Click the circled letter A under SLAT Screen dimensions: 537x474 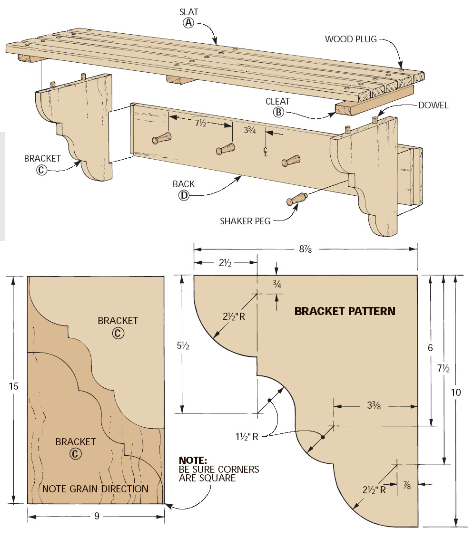click(x=189, y=23)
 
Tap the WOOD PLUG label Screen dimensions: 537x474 click(x=351, y=39)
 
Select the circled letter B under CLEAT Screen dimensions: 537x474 click(x=278, y=112)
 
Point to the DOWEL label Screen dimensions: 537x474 click(x=433, y=105)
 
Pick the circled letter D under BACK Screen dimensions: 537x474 click(x=184, y=195)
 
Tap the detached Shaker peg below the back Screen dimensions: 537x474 click(x=297, y=199)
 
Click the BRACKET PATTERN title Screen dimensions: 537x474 click(x=345, y=311)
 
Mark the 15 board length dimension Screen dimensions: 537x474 click(x=14, y=386)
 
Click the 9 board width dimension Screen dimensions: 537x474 click(x=97, y=516)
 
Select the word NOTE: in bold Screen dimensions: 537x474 click(x=193, y=460)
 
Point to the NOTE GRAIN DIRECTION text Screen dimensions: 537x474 click(x=95, y=489)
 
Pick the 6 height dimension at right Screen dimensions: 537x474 click(x=430, y=348)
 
